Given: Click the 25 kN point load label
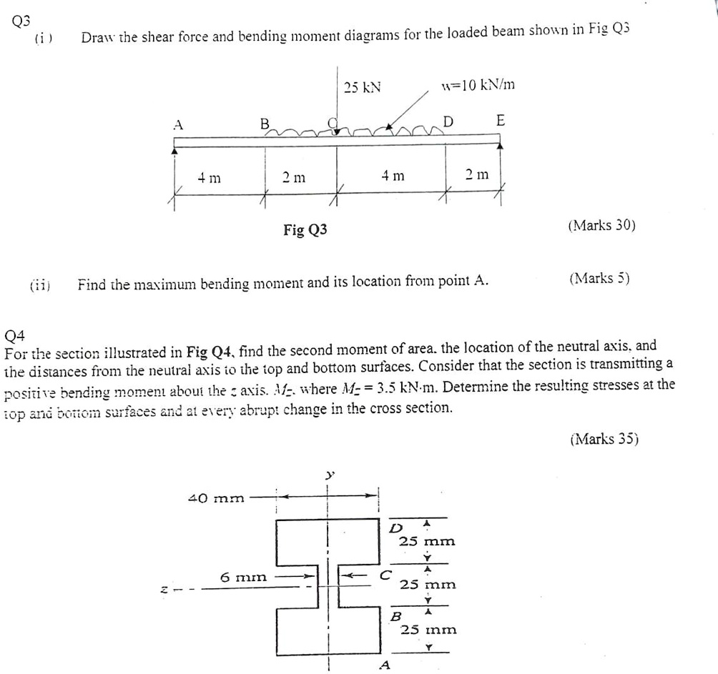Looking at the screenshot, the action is pos(362,87).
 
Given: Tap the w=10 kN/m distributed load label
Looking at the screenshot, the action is pos(478,86).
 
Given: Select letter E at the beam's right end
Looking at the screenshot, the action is pos(500,120).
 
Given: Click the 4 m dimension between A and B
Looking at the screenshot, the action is pos(210,175).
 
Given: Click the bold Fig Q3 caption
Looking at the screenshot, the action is pos(305,229).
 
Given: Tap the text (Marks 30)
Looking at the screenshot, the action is pos(601,225).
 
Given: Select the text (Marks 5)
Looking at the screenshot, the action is pos(599,278).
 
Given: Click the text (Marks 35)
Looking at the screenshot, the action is pos(604,439).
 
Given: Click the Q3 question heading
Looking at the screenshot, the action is pos(21,20).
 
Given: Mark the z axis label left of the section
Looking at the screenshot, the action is pos(164,590).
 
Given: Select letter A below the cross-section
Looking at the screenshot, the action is pos(385,665).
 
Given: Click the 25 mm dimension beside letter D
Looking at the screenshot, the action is pos(427,541).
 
